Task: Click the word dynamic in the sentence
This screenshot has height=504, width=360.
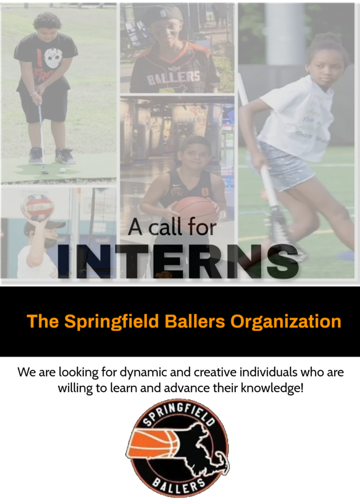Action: tap(144, 373)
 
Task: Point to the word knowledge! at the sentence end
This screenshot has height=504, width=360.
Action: tap(272, 388)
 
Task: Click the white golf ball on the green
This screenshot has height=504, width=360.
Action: tap(63, 170)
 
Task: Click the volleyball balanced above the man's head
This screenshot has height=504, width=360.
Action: tap(37, 207)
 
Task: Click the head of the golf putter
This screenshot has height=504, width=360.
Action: tap(44, 172)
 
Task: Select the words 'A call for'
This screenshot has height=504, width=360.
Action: tap(172, 228)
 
